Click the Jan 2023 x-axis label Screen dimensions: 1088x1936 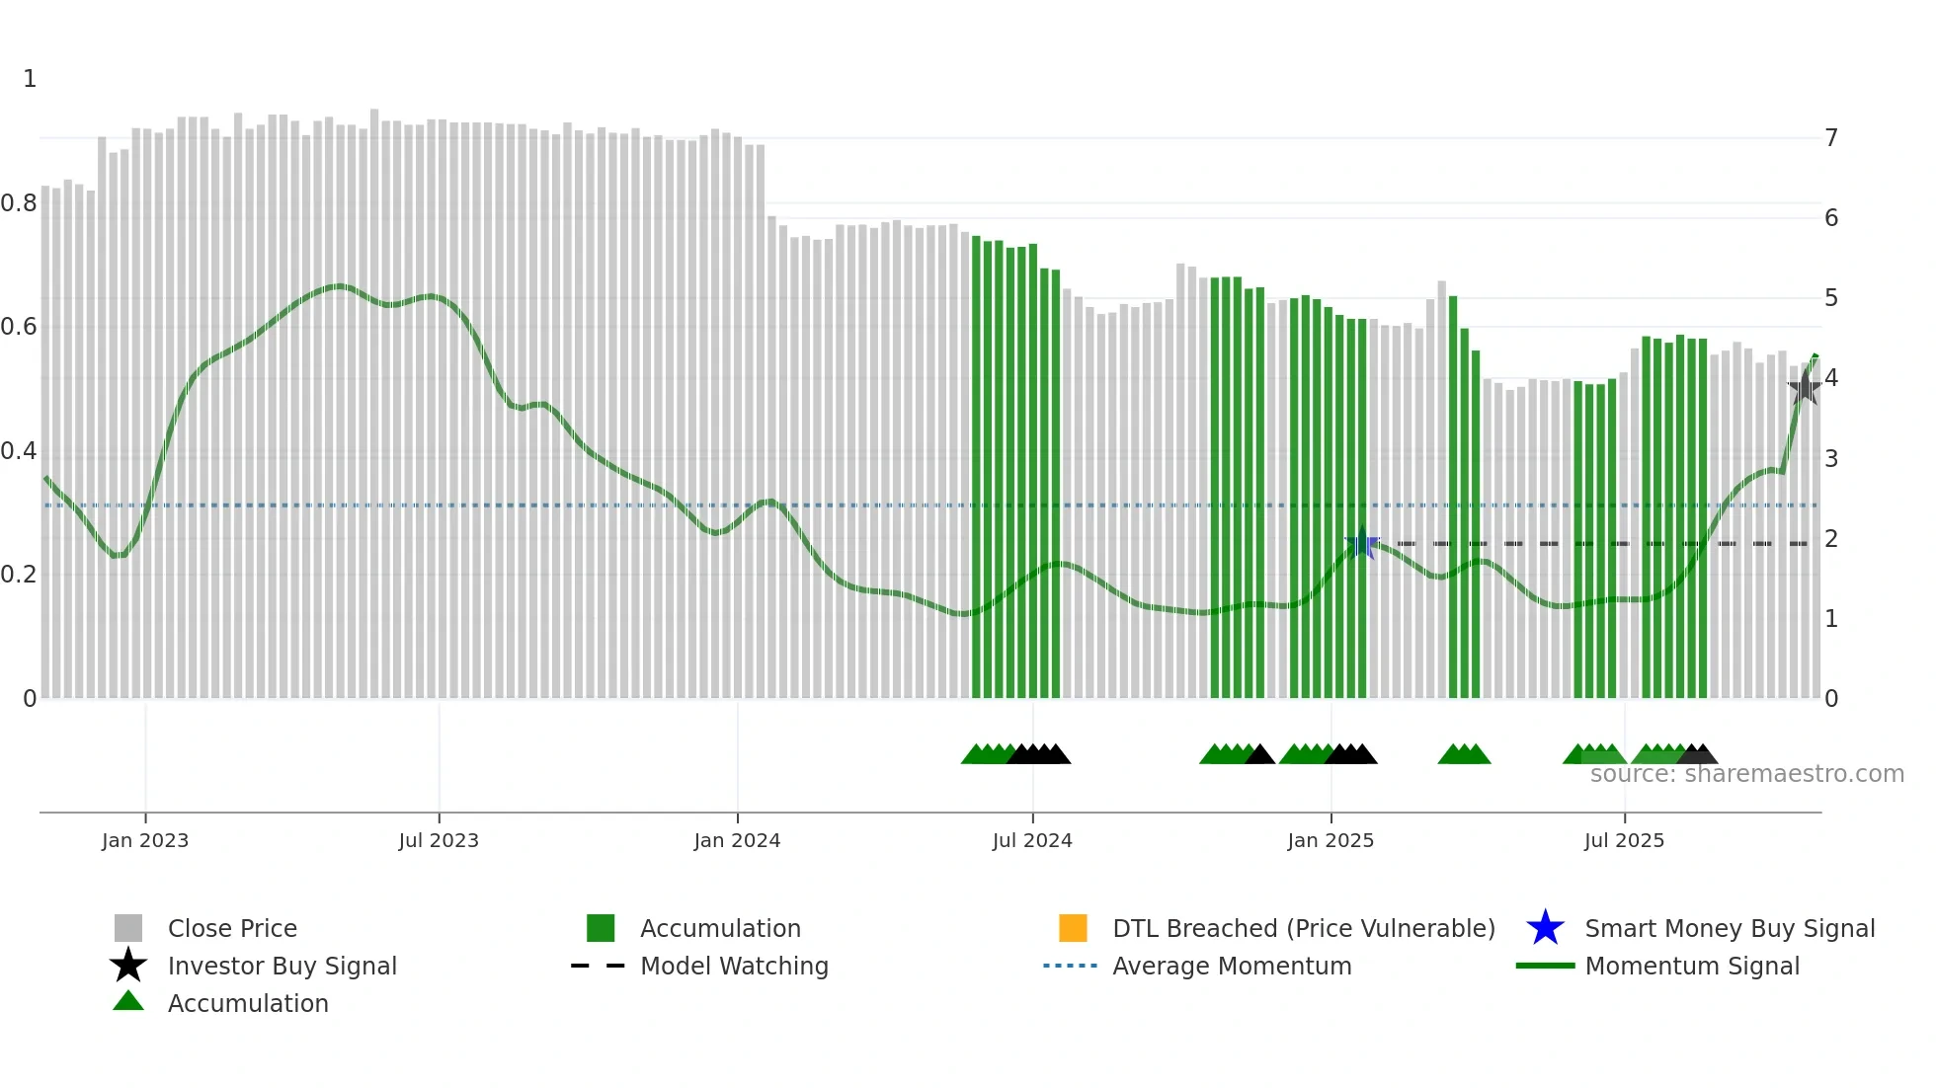[145, 840]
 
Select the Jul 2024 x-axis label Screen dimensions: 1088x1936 [1032, 840]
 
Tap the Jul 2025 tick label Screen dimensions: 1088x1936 [1624, 840]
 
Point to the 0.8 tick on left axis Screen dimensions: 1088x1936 [19, 203]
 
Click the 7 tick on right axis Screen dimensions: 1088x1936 [1831, 138]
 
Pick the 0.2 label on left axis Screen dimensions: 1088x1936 [19, 575]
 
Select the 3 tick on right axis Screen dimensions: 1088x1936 [1831, 459]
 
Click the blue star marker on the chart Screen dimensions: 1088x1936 [1362, 543]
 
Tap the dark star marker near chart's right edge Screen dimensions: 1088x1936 [1805, 387]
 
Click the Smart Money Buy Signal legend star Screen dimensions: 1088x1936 [1545, 928]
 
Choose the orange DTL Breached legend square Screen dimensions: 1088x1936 [1073, 928]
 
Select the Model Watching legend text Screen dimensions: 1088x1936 [734, 966]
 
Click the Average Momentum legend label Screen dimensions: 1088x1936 [1232, 966]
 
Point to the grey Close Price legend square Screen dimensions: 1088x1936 [128, 928]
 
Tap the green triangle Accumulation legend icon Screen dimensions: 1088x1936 [128, 1001]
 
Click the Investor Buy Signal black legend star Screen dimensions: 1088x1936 [128, 966]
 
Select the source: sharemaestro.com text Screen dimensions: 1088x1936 [1746, 774]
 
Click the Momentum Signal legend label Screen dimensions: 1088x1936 [1692, 966]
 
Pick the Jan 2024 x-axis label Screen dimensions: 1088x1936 [737, 840]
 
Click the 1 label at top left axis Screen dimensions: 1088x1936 [30, 79]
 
